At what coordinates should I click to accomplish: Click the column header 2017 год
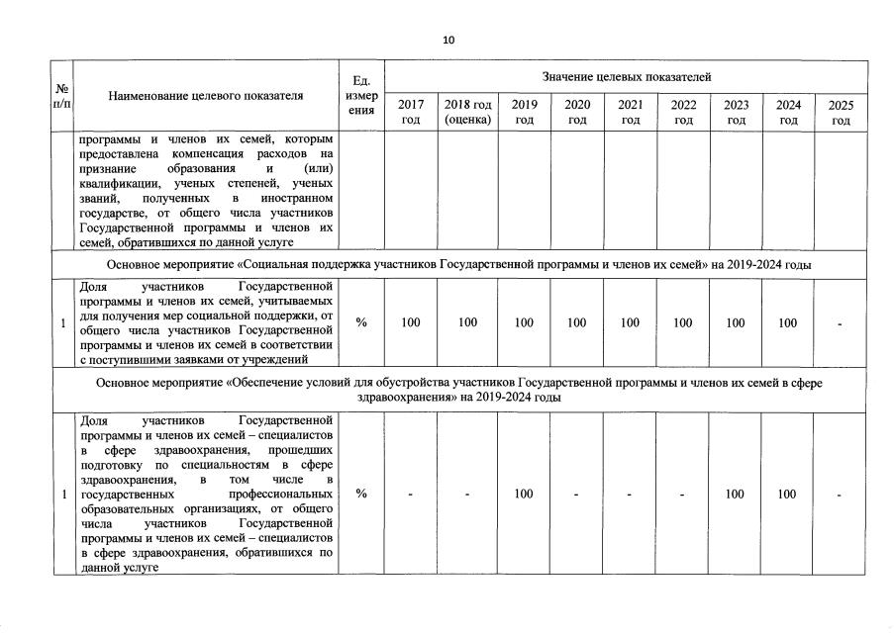[411, 112]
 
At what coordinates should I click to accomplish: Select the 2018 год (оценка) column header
[467, 112]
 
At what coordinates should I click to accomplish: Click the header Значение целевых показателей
[626, 76]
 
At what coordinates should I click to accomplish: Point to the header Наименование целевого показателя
[206, 96]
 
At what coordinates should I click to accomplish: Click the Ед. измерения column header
[360, 96]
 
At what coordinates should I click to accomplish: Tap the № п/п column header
[61, 96]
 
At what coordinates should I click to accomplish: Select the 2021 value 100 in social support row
[630, 322]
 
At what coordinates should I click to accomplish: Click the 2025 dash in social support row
[841, 322]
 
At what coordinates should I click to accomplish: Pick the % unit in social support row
[360, 322]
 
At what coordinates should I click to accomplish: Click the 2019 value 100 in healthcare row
[524, 495]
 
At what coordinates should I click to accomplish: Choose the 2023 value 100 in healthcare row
[735, 495]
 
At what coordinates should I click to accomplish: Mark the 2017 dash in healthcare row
[411, 495]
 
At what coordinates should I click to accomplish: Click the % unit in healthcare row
[360, 495]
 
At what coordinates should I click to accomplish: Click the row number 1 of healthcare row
[62, 495]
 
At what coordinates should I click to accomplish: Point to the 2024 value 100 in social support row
[787, 322]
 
